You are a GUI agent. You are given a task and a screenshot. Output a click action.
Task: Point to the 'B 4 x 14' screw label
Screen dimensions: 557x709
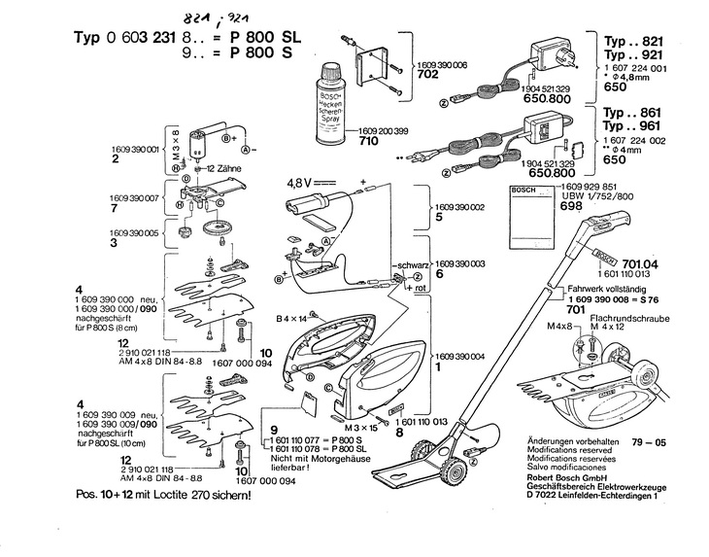pyautogui.click(x=290, y=318)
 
